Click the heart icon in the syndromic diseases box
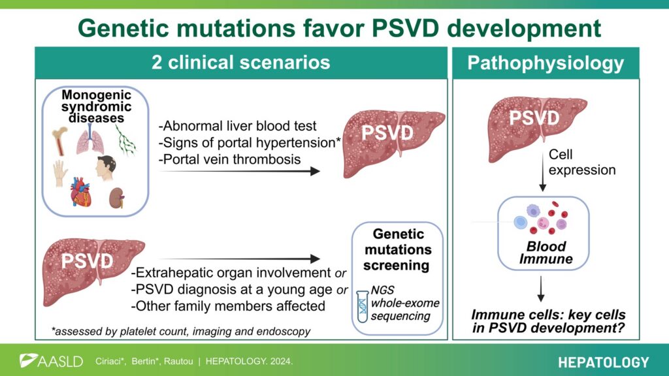coord(80,192)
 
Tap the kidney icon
coord(116,198)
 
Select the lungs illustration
coord(90,139)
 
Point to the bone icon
coord(59,141)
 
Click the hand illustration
coord(60,173)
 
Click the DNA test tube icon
coord(362,306)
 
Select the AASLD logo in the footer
coord(51,361)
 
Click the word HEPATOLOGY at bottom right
coord(603,362)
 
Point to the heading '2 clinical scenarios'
coord(241,62)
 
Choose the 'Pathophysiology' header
coord(546,63)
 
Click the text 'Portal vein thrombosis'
coord(229,159)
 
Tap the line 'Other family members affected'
coord(228,305)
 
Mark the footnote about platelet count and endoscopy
coord(181,331)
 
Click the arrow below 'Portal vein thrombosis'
coord(239,171)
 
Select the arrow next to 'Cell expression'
coord(543,170)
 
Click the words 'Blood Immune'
coord(546,253)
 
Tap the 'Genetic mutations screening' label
coord(397,249)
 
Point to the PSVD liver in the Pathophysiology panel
coord(537,127)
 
